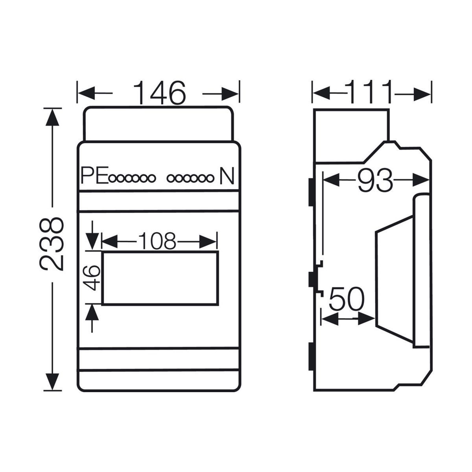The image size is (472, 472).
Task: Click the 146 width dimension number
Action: (159, 93)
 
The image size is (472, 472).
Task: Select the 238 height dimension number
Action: (52, 244)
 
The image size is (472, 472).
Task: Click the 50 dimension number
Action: (347, 299)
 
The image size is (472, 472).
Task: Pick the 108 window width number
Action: (157, 240)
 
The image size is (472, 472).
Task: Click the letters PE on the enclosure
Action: (94, 175)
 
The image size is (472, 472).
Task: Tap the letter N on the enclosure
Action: (227, 175)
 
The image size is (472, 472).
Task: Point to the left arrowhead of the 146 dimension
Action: (86, 93)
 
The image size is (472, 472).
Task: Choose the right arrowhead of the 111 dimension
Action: (422, 94)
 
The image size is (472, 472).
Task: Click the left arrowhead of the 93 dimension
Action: (332, 180)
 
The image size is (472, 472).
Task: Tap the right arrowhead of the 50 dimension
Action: (367, 319)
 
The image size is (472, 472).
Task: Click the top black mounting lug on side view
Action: (311, 192)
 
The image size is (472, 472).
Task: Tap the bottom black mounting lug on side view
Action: (311, 356)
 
